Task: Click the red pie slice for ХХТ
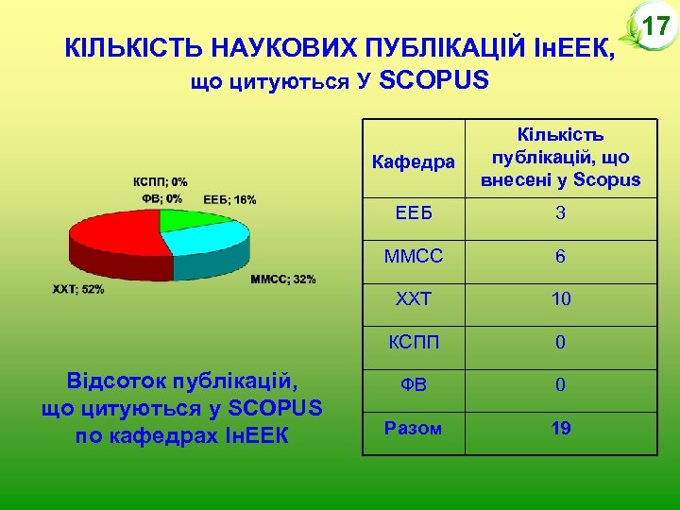tap(109, 236)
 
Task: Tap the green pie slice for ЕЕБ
tap(194, 219)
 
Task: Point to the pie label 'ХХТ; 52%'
tap(78, 289)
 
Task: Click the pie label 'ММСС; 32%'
tap(283, 280)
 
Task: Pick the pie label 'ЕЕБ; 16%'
tap(229, 199)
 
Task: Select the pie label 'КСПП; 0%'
tap(160, 181)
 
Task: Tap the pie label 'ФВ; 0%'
tap(161, 198)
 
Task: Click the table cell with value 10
tap(560, 299)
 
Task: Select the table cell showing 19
tap(560, 429)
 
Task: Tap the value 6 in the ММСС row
tap(560, 257)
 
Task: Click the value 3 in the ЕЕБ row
tap(560, 213)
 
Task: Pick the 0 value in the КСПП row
tap(560, 343)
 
